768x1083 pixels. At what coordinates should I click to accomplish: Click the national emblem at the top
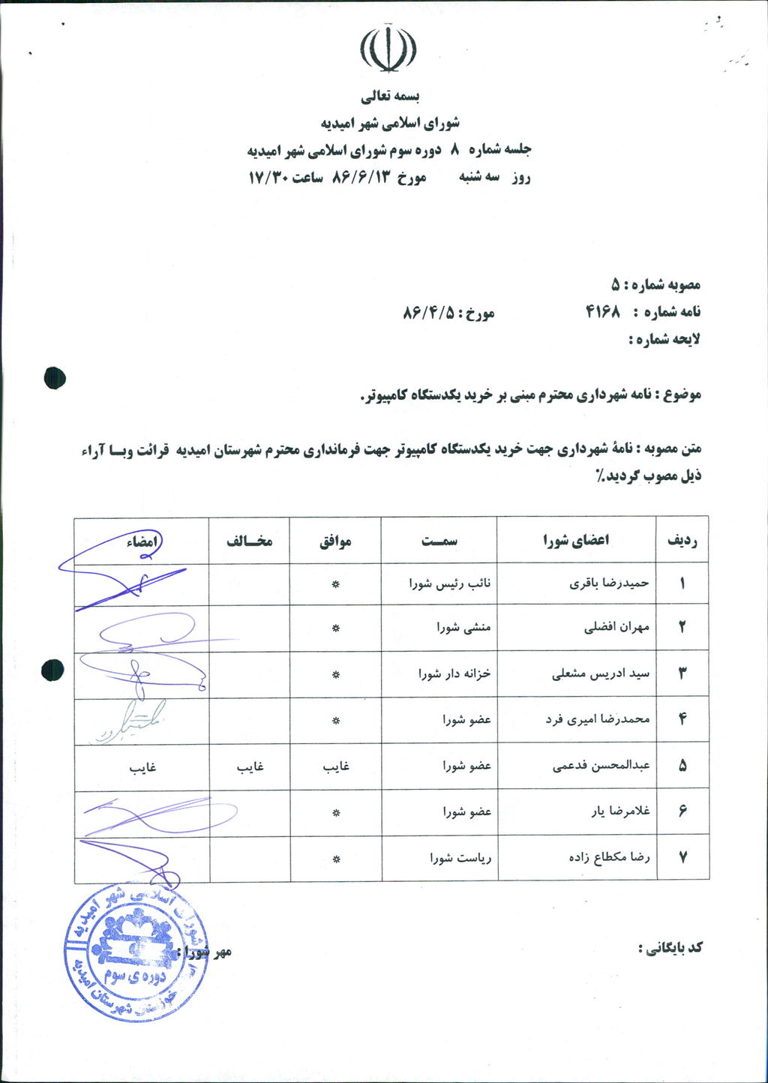point(388,49)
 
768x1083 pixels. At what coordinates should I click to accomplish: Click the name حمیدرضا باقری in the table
point(609,583)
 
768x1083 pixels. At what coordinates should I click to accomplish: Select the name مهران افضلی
point(616,628)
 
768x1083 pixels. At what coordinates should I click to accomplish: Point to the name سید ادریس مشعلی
point(601,673)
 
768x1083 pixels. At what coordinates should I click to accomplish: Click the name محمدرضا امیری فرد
point(598,719)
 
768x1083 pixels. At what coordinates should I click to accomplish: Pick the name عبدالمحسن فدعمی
point(601,766)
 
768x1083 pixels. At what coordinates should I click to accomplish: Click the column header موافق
point(335,541)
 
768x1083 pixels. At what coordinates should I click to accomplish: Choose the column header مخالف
point(249,541)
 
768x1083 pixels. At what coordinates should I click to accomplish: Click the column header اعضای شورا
point(576,540)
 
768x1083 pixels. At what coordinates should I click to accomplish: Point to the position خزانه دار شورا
point(454,673)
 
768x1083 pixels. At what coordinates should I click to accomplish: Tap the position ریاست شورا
point(460,856)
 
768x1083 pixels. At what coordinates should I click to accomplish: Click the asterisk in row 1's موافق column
point(336,583)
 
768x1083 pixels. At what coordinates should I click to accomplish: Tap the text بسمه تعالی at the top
point(391,97)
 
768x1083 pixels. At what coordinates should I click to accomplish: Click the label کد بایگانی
point(670,947)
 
